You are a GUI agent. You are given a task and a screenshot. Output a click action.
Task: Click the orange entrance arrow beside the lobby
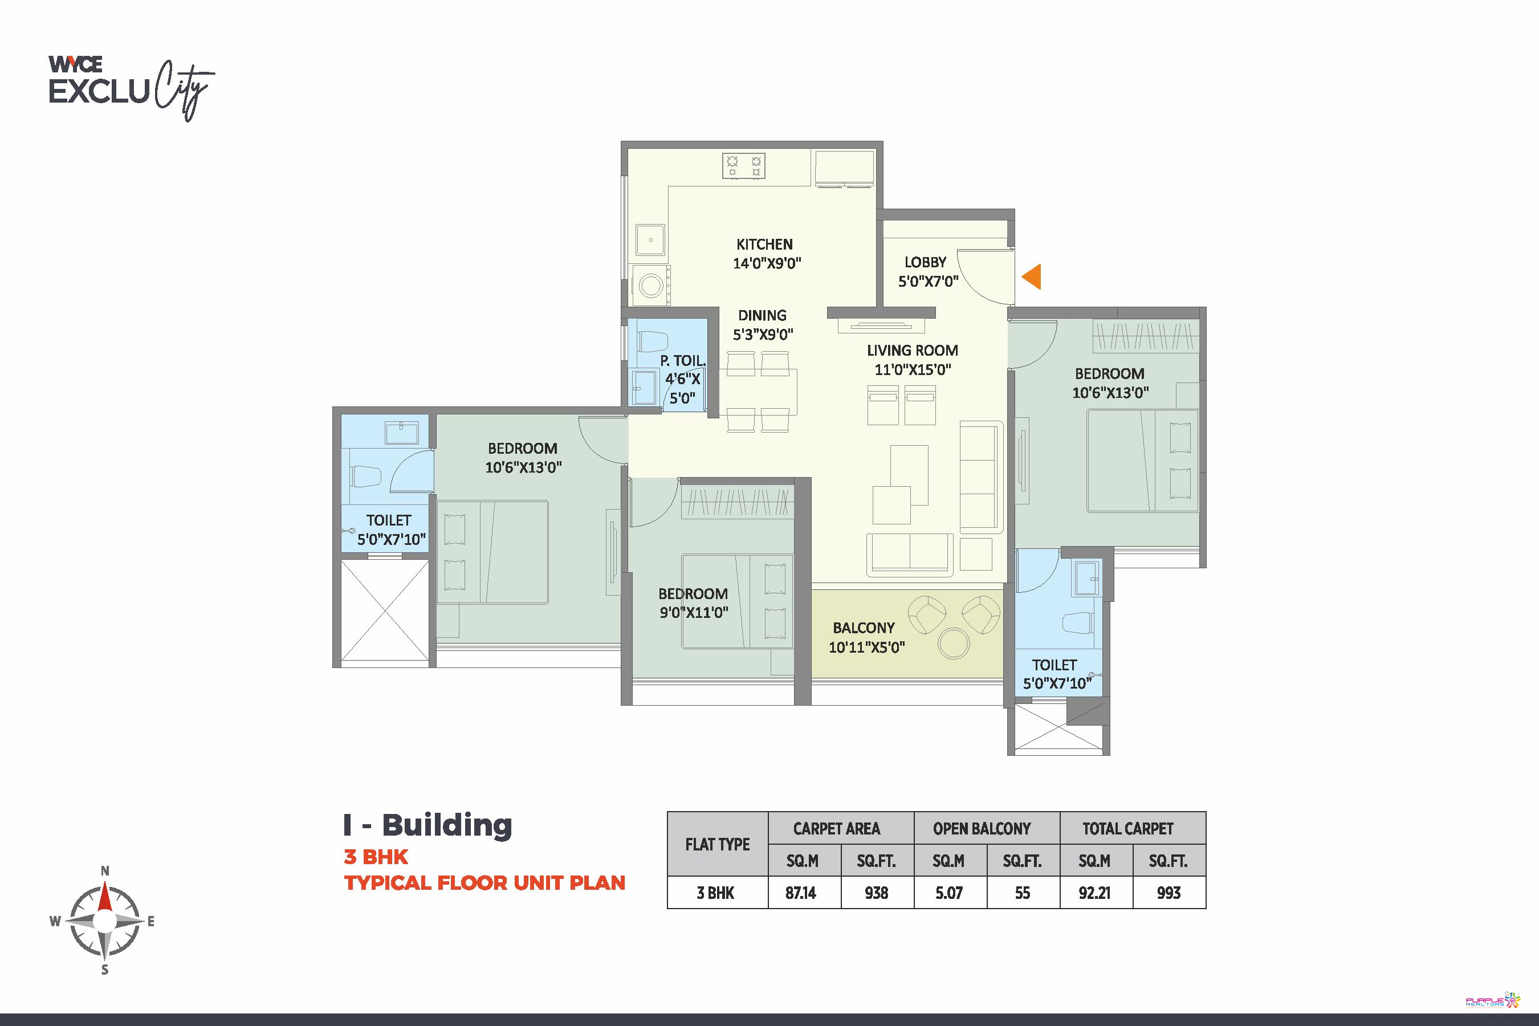pos(1032,277)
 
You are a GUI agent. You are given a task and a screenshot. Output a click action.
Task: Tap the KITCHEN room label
pos(764,245)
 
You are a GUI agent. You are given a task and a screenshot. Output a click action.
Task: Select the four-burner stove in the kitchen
pos(744,165)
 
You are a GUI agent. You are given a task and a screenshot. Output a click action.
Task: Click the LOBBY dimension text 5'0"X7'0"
pos(928,282)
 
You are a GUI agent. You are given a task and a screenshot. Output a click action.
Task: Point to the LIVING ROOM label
pos(912,351)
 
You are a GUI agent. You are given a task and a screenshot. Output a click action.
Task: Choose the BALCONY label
pos(864,628)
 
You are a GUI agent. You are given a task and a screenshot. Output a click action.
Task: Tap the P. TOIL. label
pos(682,361)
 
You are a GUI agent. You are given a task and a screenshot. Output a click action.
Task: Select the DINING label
pos(762,315)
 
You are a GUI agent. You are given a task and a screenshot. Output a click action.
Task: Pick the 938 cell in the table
pos(876,893)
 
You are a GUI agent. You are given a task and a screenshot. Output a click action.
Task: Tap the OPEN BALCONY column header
pos(982,829)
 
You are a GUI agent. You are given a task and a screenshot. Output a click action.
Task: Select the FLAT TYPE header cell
pos(717,845)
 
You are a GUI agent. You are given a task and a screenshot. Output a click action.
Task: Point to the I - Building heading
pos(428,825)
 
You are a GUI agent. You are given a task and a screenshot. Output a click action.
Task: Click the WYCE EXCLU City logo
pos(132,88)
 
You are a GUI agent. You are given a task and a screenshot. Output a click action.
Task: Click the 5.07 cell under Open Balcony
pos(949,893)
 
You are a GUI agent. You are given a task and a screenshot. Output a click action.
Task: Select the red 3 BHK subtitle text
pos(376,857)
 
